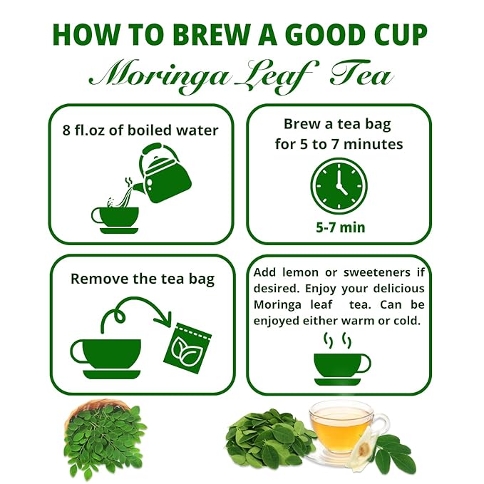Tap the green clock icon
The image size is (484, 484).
point(339,187)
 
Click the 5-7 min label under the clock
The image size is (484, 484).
point(341,227)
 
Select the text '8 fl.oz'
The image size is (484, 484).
point(83,130)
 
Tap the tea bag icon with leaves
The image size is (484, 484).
point(187,348)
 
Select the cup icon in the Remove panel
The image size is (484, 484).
point(106,359)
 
